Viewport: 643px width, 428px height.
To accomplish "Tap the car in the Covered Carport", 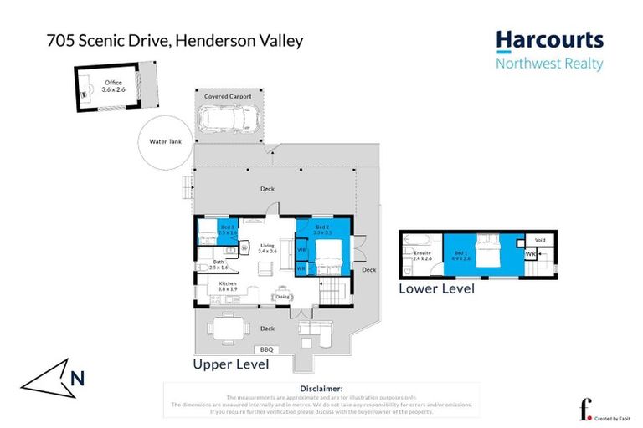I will click(x=226, y=120).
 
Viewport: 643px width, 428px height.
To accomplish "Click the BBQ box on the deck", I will click(x=268, y=349).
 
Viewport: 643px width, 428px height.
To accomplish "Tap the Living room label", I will click(x=267, y=247).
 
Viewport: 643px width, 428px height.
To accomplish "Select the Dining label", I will click(x=282, y=297).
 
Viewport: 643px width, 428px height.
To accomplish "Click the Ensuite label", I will click(x=423, y=254).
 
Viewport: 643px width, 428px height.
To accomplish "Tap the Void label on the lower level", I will click(x=539, y=239).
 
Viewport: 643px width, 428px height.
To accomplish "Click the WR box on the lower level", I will click(x=530, y=254).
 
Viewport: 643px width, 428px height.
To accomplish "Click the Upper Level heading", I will click(x=231, y=364).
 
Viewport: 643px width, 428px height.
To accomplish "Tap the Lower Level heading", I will click(x=436, y=289).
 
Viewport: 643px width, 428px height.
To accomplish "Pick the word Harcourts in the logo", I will click(x=549, y=40).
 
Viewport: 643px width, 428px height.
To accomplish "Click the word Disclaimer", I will click(x=321, y=389).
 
